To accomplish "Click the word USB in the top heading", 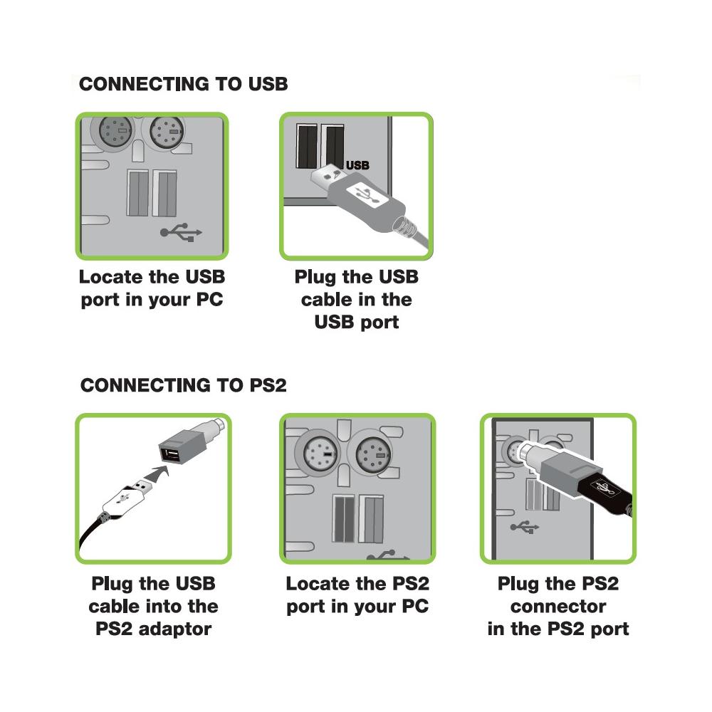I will (x=267, y=84).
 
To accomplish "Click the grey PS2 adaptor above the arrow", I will (x=187, y=446).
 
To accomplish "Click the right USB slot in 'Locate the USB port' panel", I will (x=167, y=194).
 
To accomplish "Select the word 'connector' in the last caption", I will (x=557, y=607).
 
